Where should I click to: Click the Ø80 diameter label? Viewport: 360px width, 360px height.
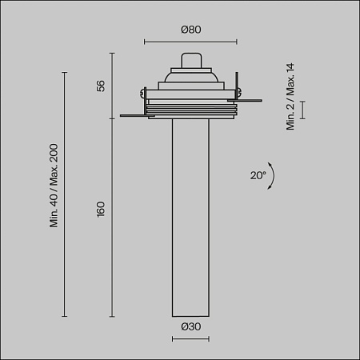(x=190, y=30)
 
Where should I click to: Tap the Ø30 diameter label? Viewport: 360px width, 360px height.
(x=190, y=326)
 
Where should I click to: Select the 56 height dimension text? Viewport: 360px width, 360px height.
(x=101, y=86)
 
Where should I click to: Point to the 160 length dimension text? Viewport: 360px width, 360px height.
(x=101, y=211)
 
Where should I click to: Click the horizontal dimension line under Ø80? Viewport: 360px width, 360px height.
(x=190, y=42)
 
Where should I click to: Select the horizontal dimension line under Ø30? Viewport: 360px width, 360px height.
(x=190, y=339)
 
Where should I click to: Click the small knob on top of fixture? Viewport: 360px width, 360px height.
(x=190, y=60)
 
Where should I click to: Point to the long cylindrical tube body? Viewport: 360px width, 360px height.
(x=190, y=216)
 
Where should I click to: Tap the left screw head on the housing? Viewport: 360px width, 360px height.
(x=143, y=94)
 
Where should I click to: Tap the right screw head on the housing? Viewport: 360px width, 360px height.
(x=238, y=94)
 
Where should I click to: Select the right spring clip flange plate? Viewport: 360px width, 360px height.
(x=250, y=101)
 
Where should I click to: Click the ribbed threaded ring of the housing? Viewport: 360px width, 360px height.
(x=190, y=109)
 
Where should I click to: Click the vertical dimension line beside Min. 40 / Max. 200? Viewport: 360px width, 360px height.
(x=65, y=192)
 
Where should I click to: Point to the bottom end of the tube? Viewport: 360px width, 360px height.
(x=190, y=312)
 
